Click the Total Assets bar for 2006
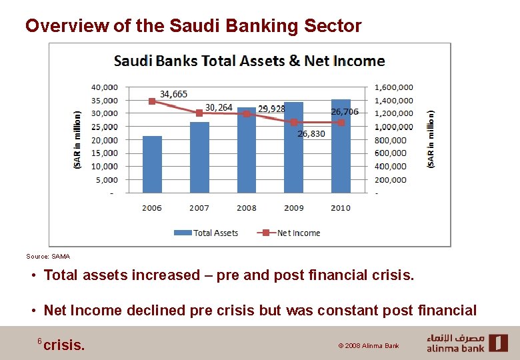click(x=152, y=165)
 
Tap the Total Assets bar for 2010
click(x=341, y=147)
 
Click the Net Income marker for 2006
click(x=152, y=101)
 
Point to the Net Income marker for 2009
click(x=294, y=122)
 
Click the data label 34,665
click(x=173, y=94)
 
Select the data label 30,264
click(x=219, y=107)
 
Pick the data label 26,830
click(x=311, y=133)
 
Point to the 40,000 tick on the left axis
click(x=104, y=87)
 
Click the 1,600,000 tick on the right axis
click(x=394, y=87)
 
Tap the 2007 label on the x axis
click(x=199, y=208)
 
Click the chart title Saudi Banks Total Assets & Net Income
click(x=249, y=61)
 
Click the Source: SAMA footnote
click(x=48, y=256)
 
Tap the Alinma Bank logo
click(x=467, y=343)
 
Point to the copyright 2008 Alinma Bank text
click(x=369, y=346)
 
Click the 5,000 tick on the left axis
click(x=107, y=179)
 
